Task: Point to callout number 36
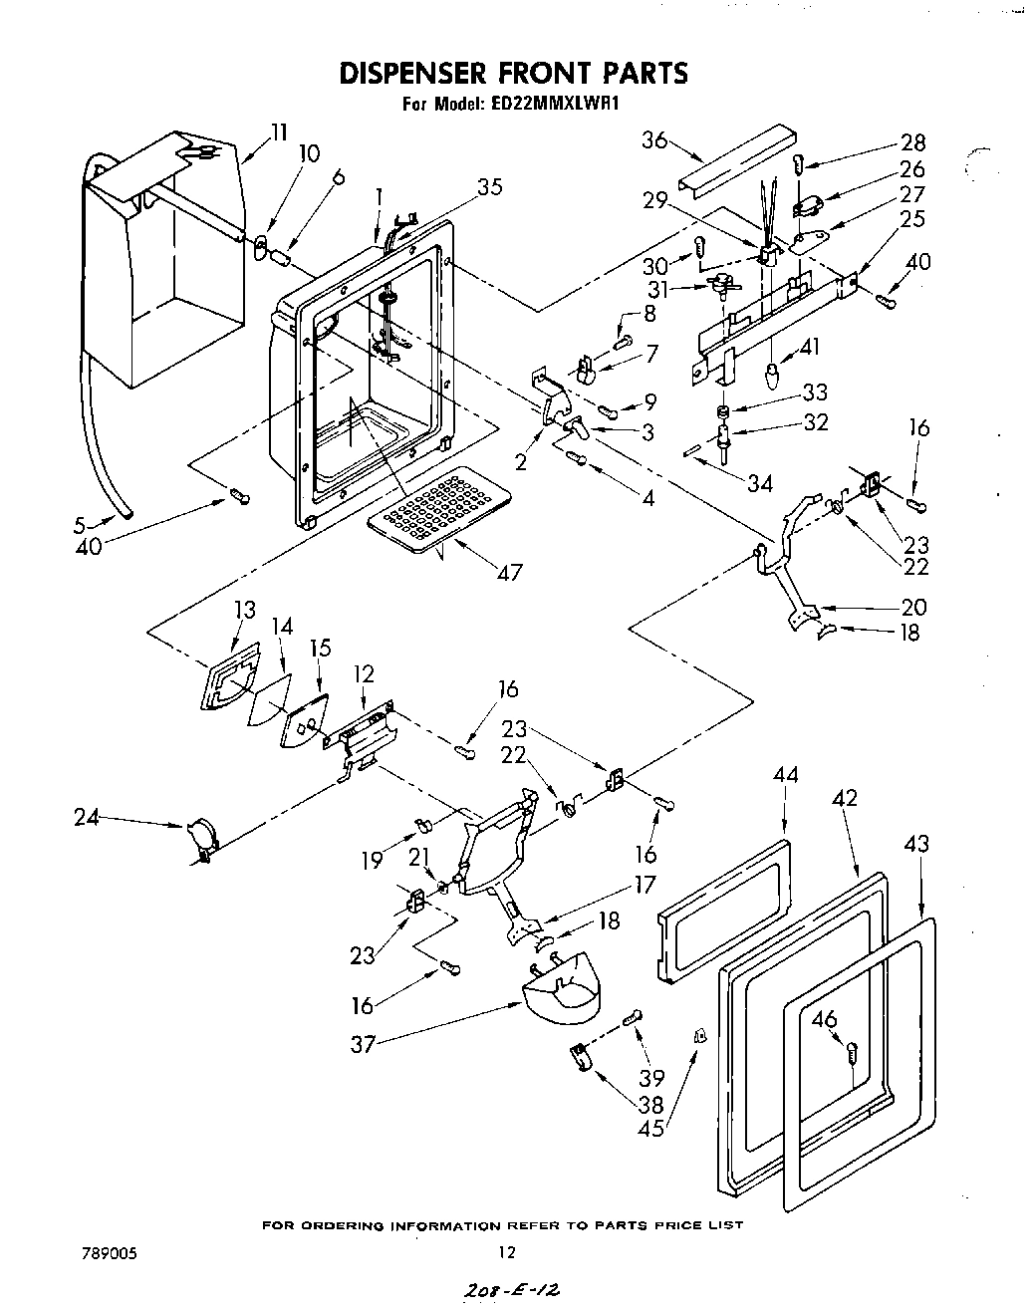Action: point(654,140)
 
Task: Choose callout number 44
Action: point(785,773)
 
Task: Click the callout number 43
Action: point(916,844)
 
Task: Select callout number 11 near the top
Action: point(278,131)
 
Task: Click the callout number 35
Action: point(489,186)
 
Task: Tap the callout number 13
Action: point(244,610)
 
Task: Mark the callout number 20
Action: point(912,607)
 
